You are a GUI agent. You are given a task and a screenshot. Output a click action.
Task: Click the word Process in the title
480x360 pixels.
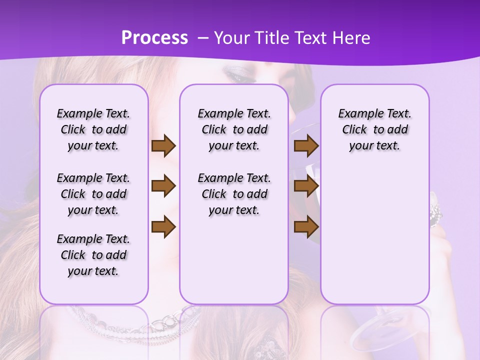[154, 37]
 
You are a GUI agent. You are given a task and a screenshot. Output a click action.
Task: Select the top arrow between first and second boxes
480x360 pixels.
[163, 145]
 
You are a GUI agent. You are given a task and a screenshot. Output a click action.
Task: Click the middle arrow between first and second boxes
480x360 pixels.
[163, 186]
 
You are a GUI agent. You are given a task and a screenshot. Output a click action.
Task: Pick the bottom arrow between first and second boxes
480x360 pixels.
[163, 226]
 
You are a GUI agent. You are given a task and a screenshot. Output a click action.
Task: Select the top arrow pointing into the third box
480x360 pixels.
[306, 145]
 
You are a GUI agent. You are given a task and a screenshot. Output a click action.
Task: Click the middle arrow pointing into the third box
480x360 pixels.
[306, 186]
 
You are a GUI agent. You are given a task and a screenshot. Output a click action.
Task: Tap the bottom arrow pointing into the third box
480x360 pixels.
[306, 226]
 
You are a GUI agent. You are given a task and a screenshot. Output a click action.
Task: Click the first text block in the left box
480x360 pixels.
[93, 129]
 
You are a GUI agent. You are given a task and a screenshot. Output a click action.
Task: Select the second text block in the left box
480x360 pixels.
[93, 194]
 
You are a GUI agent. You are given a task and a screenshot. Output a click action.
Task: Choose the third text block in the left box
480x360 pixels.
[93, 255]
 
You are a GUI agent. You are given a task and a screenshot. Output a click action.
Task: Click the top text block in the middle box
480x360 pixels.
[234, 129]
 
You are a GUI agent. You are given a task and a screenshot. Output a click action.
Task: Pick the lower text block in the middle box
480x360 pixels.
[234, 194]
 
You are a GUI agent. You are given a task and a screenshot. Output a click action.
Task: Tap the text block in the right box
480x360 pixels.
[374, 129]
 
